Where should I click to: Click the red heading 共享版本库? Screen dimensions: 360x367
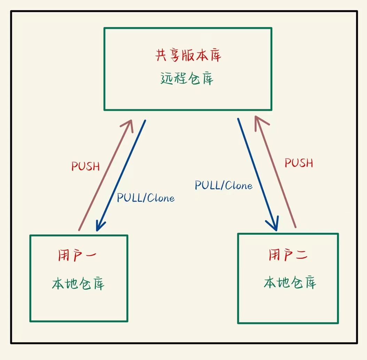pyautogui.click(x=188, y=56)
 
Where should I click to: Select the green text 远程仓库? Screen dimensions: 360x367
pyautogui.click(x=187, y=79)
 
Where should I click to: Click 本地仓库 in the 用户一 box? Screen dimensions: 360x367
pyautogui.click(x=78, y=284)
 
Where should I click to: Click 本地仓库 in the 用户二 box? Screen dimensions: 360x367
pyautogui.click(x=290, y=282)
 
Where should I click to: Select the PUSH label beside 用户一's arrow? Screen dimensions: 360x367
pyautogui.click(x=86, y=166)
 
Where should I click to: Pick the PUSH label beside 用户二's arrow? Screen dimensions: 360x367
pyautogui.click(x=299, y=163)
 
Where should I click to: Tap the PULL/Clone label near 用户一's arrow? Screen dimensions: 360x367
pyautogui.click(x=146, y=198)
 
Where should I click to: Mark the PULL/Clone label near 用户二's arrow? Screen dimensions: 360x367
pyautogui.click(x=224, y=185)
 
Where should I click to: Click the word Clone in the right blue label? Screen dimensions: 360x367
pyautogui.click(x=239, y=185)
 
